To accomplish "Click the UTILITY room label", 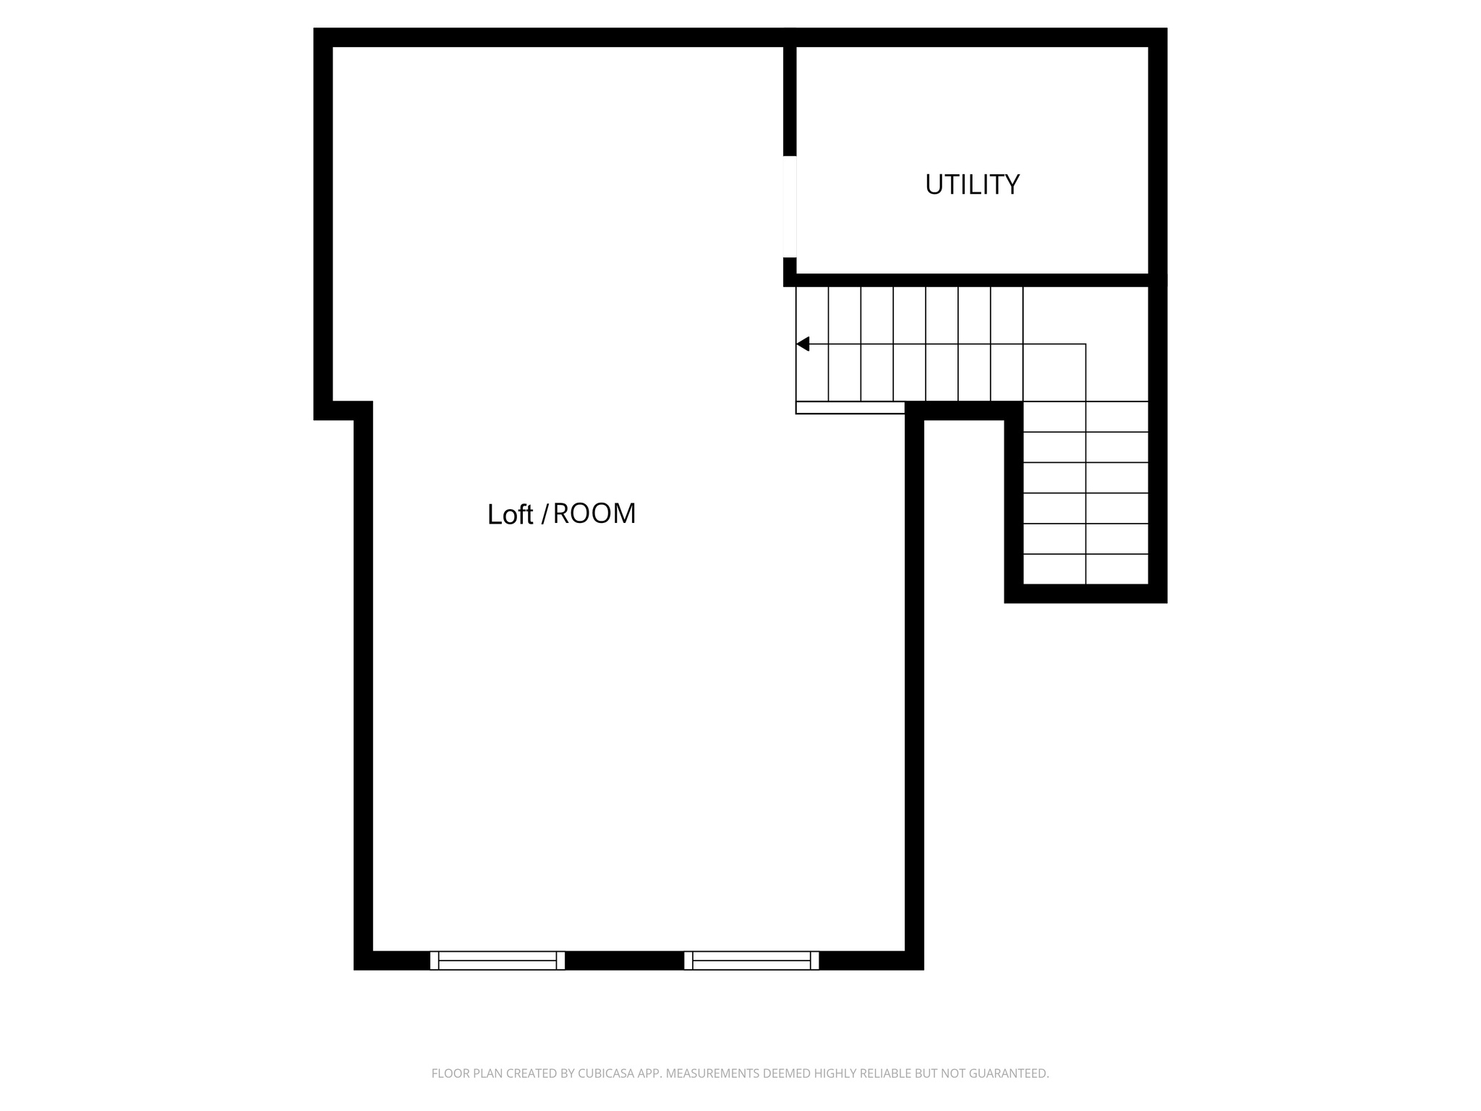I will (x=972, y=185).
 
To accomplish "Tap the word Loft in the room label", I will (x=510, y=514).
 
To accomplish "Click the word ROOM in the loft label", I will (x=594, y=514).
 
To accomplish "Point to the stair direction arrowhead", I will (x=803, y=344).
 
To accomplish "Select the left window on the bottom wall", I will (x=498, y=961).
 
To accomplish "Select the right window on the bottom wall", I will (x=751, y=961).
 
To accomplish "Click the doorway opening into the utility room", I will (x=790, y=207).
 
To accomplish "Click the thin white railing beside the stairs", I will (x=850, y=408).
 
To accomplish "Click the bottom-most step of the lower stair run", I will (x=1085, y=569).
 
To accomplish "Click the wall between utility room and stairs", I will (x=972, y=280).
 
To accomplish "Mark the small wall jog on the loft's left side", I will (x=343, y=411).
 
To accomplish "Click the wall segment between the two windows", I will (x=624, y=961).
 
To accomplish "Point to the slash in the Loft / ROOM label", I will (x=544, y=514).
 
